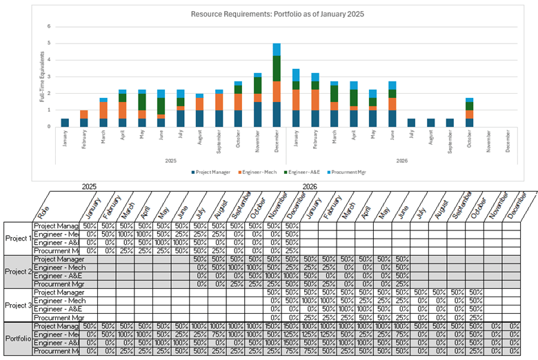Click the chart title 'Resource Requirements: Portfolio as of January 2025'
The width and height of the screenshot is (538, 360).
click(x=277, y=14)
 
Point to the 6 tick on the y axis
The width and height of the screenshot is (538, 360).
click(x=49, y=26)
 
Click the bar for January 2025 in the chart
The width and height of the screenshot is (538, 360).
click(x=65, y=123)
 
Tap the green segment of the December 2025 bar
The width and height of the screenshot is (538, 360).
click(x=277, y=68)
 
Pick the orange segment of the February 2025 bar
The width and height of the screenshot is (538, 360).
click(x=84, y=114)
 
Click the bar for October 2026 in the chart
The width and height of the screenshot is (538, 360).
click(x=469, y=113)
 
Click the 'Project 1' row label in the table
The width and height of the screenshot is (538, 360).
click(x=18, y=239)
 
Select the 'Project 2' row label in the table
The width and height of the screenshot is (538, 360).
click(x=18, y=272)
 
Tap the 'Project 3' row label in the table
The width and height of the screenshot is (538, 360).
click(x=18, y=305)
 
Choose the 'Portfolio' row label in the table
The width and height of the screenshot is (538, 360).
click(x=18, y=339)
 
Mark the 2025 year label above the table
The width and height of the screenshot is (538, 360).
click(x=89, y=187)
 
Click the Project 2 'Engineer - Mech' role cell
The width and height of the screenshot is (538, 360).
click(x=56, y=267)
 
